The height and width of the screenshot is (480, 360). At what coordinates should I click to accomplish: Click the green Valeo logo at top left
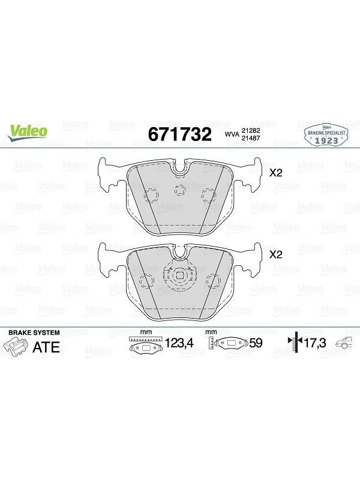coord(27,133)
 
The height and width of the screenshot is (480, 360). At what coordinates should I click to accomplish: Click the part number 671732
coord(179,134)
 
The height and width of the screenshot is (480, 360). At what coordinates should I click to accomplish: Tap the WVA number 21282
coord(251,131)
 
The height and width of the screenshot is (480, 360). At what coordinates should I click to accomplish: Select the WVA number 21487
coord(251,138)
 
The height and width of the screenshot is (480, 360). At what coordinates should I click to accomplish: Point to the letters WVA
coord(232,134)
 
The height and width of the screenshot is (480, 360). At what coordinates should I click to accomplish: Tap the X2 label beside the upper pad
coord(275,173)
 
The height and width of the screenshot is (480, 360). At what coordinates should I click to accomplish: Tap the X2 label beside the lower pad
coord(275,254)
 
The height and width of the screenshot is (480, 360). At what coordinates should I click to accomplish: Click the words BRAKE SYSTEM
coord(34,332)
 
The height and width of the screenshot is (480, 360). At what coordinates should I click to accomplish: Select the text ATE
coord(46,347)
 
